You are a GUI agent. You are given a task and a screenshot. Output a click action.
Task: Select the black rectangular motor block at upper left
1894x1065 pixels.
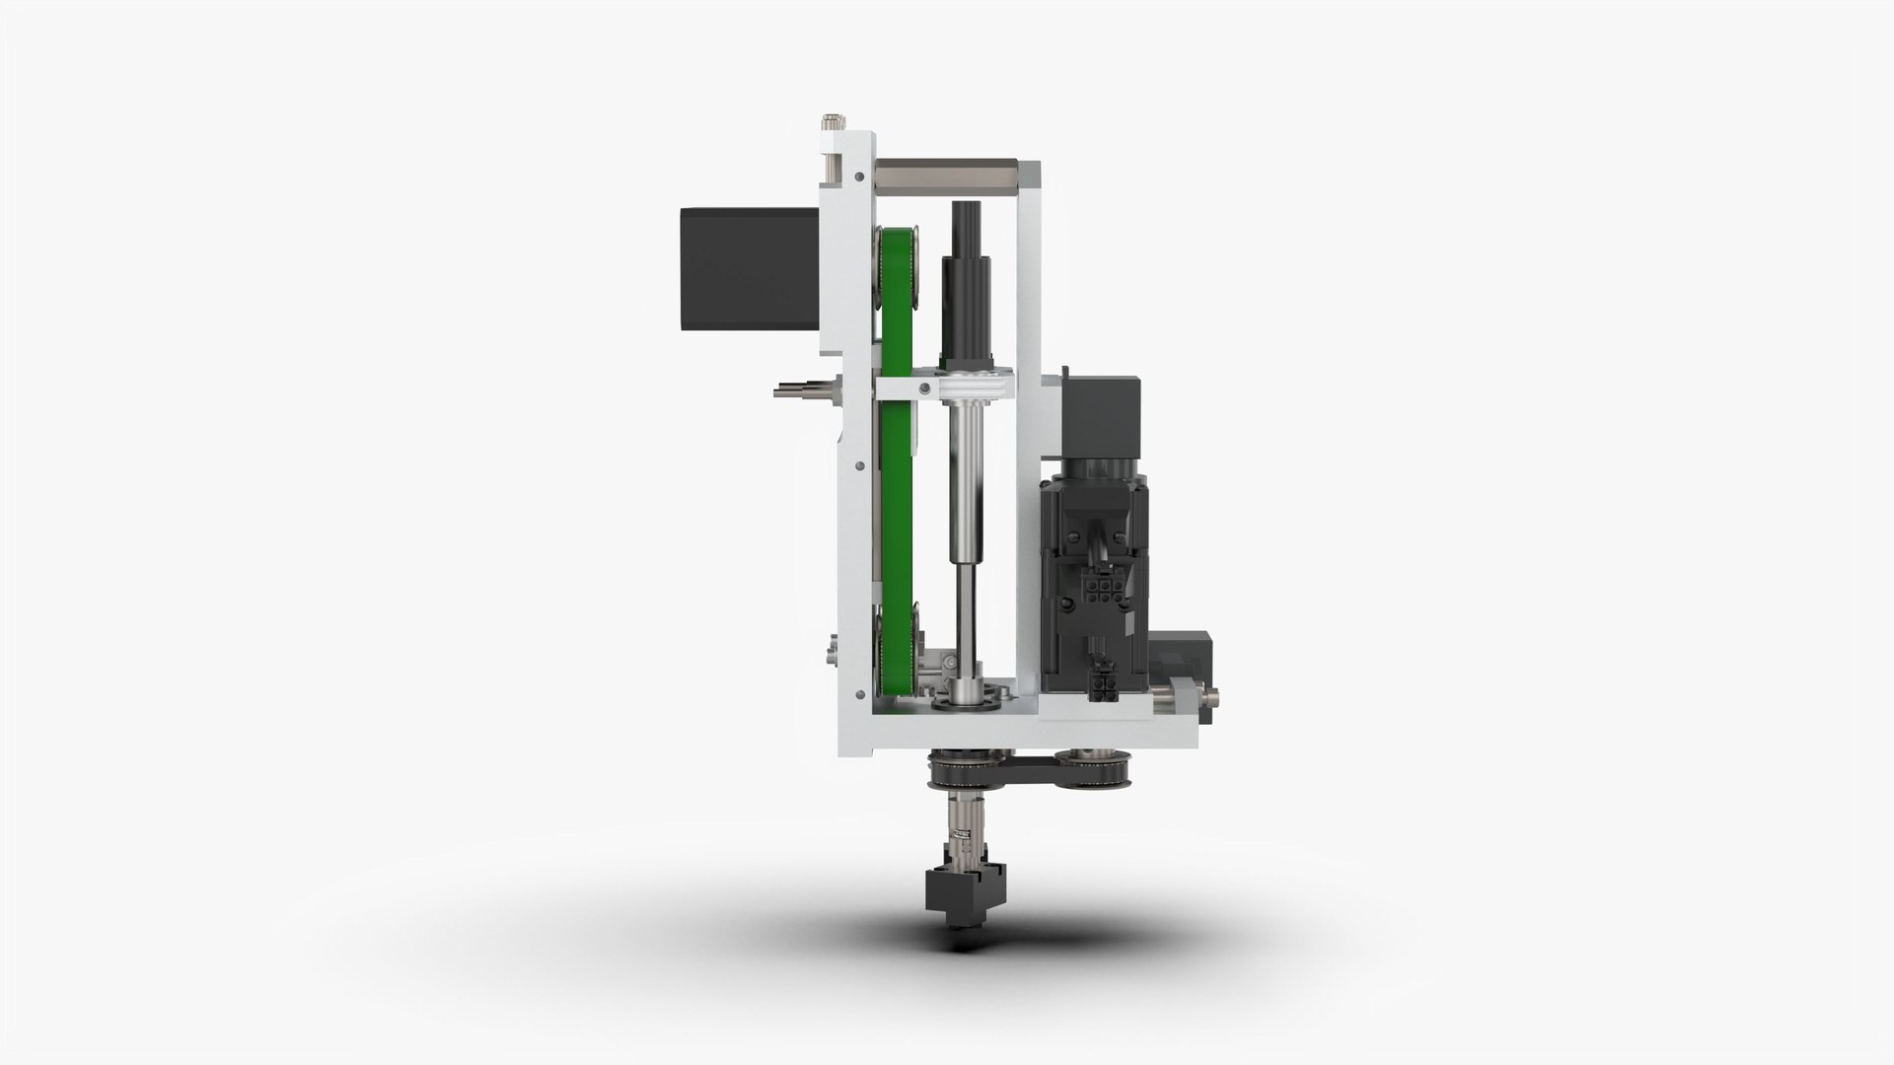coord(748,267)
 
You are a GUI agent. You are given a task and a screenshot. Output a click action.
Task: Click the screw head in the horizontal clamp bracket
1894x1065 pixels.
coord(924,390)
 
